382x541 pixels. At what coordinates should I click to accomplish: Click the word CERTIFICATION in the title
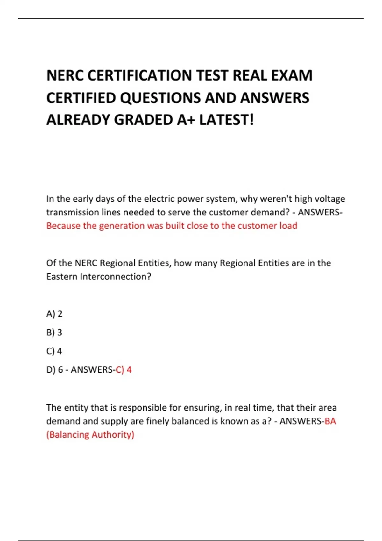coord(140,76)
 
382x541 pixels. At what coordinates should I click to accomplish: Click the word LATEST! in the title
coord(227,120)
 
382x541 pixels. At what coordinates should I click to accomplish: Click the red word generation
coord(122,226)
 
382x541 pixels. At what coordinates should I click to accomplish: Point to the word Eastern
coord(62,277)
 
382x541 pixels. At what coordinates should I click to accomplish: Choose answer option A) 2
coord(54,314)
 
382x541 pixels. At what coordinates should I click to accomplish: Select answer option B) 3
coord(54,333)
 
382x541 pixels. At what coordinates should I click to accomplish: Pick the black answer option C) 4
coord(54,351)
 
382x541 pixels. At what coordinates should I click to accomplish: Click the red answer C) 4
coord(124,370)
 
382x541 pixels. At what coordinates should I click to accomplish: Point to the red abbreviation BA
coord(330,421)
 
